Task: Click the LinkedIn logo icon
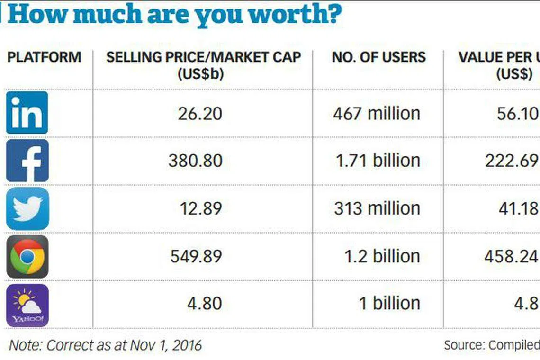[27, 113]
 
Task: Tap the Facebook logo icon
[27, 161]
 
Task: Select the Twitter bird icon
[27, 208]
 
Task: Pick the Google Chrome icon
[27, 256]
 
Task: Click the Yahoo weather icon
[27, 305]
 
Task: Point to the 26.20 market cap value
[200, 114]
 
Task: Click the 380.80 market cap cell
[195, 161]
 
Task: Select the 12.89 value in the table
[200, 208]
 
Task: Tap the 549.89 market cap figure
[196, 256]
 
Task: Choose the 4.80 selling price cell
[204, 303]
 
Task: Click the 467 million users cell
[377, 114]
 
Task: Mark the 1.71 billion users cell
[378, 161]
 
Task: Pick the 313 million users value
[377, 208]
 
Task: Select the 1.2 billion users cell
[382, 256]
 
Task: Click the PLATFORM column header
[44, 57]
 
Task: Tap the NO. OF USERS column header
[378, 57]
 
